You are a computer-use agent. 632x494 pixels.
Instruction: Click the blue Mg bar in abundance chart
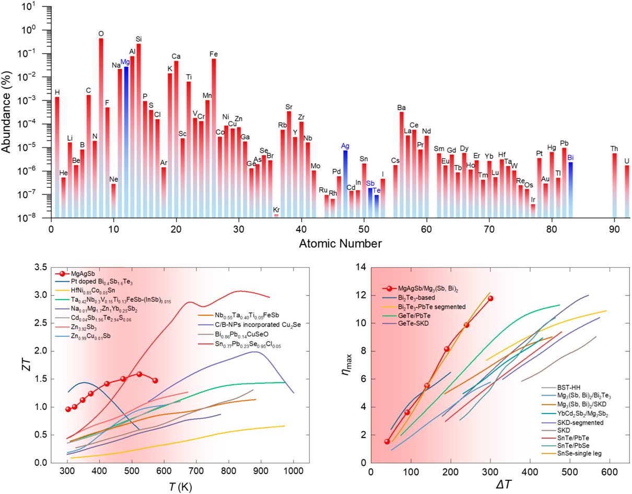(126, 141)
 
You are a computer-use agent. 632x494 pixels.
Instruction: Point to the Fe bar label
(214, 54)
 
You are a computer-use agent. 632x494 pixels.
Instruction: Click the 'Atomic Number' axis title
(340, 243)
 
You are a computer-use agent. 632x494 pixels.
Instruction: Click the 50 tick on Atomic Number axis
(364, 229)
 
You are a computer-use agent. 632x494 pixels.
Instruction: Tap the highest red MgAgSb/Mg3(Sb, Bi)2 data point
(490, 298)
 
